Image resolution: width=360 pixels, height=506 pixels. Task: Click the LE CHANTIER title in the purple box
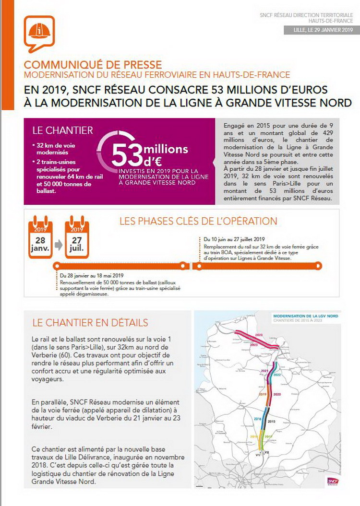click(62, 130)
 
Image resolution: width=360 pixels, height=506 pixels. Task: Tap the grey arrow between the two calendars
click(59, 245)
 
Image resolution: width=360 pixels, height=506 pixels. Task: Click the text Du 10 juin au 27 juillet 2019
click(234, 239)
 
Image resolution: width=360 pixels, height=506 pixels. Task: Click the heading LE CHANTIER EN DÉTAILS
click(90, 322)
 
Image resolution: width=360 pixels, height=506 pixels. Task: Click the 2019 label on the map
click(263, 394)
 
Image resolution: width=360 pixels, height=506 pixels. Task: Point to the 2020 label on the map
click(276, 394)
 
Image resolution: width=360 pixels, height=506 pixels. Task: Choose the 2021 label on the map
click(264, 371)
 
